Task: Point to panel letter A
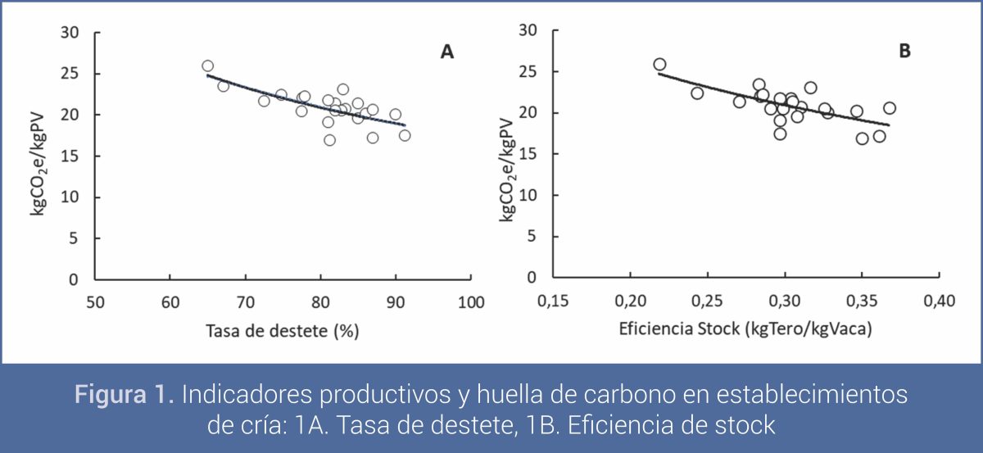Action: [x=446, y=52]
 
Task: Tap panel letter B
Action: [x=904, y=51]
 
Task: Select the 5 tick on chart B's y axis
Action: [x=533, y=236]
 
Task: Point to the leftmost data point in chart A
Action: [x=207, y=66]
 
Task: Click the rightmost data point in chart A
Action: [x=405, y=135]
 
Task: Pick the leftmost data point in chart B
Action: [x=659, y=64]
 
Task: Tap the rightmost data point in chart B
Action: [x=890, y=108]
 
